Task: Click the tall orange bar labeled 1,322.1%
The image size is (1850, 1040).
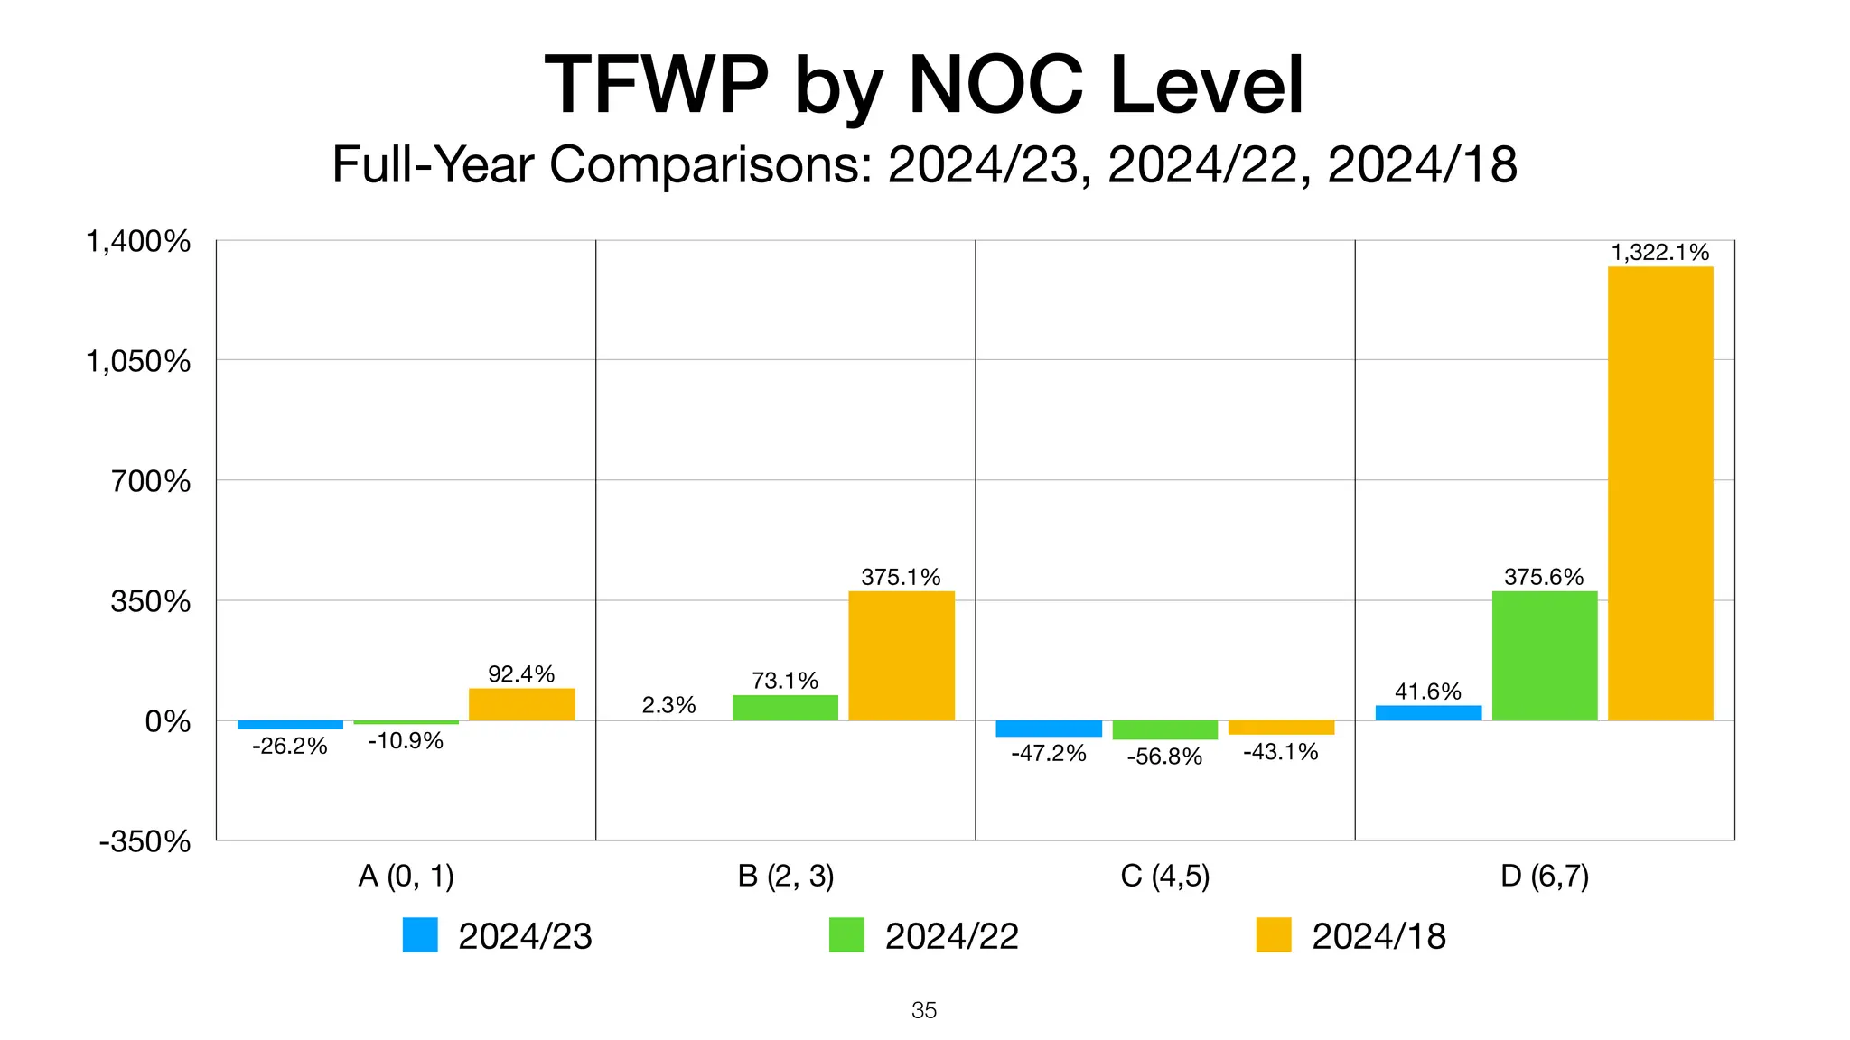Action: point(1660,493)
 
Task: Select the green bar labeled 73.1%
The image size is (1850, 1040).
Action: point(785,708)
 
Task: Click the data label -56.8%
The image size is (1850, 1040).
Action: point(1164,757)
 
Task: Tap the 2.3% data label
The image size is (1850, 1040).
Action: point(668,705)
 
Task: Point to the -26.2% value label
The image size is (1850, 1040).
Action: point(289,747)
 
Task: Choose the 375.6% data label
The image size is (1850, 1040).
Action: point(1544,577)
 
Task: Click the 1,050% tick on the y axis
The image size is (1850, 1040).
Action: point(138,361)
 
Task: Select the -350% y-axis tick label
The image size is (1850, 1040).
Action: point(145,841)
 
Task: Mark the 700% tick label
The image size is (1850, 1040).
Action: point(151,481)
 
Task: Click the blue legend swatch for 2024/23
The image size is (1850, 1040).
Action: point(420,935)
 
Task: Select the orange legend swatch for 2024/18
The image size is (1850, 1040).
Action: point(1274,935)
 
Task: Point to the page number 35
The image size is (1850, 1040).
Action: point(924,1010)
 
